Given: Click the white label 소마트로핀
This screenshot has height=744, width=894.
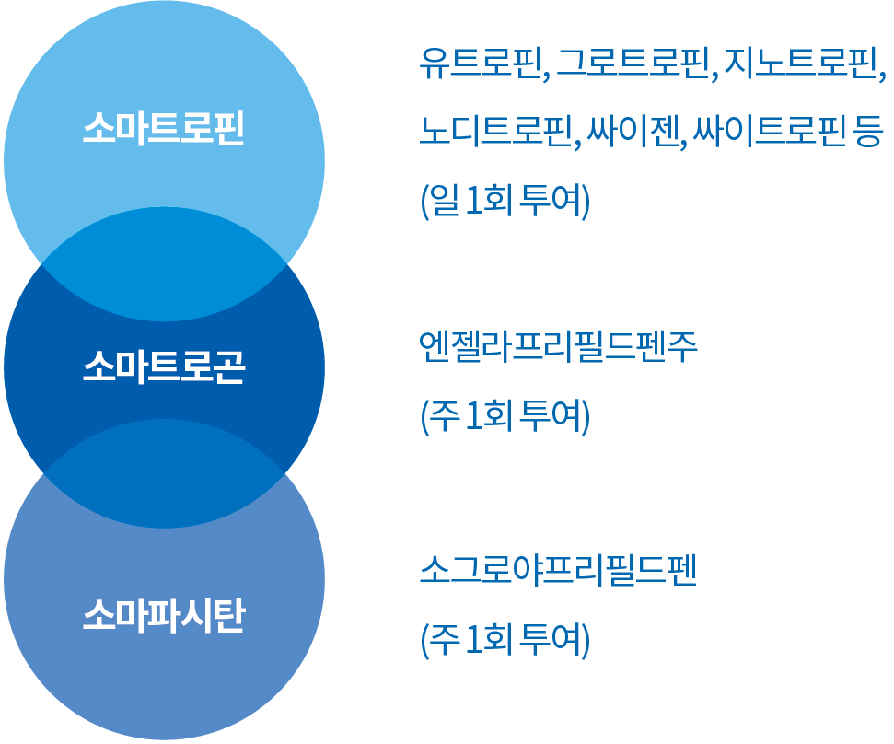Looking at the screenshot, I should point(163,128).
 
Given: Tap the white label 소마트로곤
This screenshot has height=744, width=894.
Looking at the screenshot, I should point(163,369).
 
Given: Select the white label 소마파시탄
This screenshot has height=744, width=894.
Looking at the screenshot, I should point(163,614).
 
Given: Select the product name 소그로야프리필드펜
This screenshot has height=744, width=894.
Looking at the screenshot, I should point(557,571).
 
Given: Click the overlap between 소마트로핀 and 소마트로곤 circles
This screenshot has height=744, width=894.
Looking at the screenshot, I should point(164,264).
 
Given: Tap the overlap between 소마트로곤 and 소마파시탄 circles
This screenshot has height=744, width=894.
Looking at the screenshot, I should point(164,474).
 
